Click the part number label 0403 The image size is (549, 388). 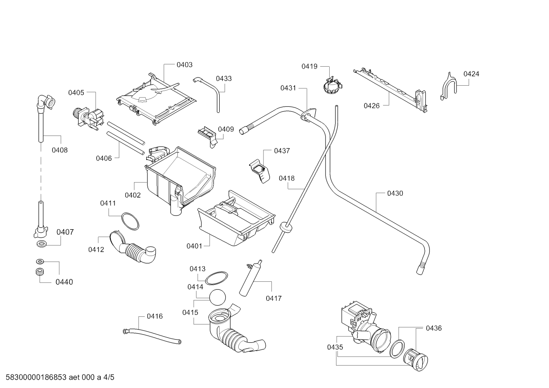pyautogui.click(x=184, y=65)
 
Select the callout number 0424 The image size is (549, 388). pyautogui.click(x=471, y=74)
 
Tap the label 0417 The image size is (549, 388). pyautogui.click(x=273, y=298)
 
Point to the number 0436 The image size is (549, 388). pyautogui.click(x=434, y=328)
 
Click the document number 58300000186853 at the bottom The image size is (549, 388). pyautogui.click(x=36, y=377)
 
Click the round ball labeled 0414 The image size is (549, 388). pyautogui.click(x=217, y=297)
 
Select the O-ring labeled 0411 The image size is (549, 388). pyautogui.click(x=130, y=221)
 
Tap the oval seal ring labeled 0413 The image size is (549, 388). pyautogui.click(x=216, y=278)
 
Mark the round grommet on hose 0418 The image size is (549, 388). pyautogui.click(x=286, y=227)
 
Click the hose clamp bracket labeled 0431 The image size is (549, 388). pyautogui.click(x=308, y=115)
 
